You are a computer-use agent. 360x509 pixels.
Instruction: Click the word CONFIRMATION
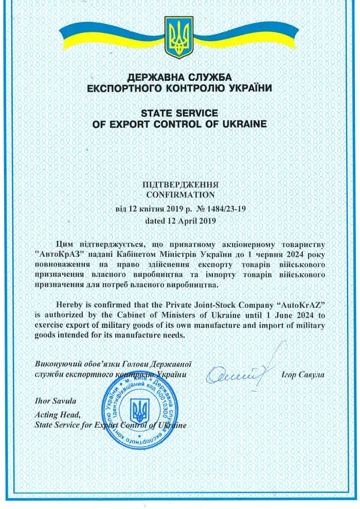179,195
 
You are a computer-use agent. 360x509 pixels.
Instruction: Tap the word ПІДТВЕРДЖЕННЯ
179,184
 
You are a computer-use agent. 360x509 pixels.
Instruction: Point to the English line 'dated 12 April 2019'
179,221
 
